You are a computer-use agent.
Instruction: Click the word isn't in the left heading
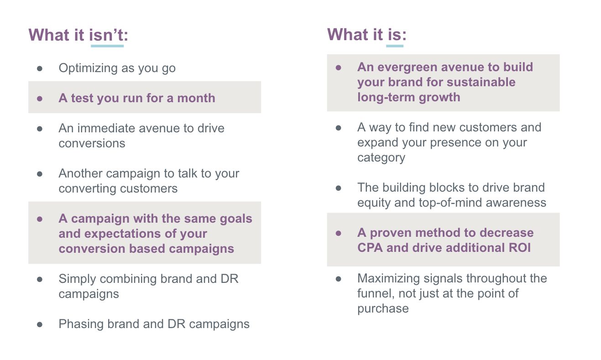[x=107, y=35]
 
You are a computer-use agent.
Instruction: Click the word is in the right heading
[x=395, y=35]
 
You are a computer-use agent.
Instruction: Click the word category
[x=381, y=158]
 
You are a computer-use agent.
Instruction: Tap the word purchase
[x=383, y=308]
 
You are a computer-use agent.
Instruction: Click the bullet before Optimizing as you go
[x=40, y=68]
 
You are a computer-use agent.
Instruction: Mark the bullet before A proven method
[x=339, y=233]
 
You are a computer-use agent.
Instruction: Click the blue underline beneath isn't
[x=107, y=46]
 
